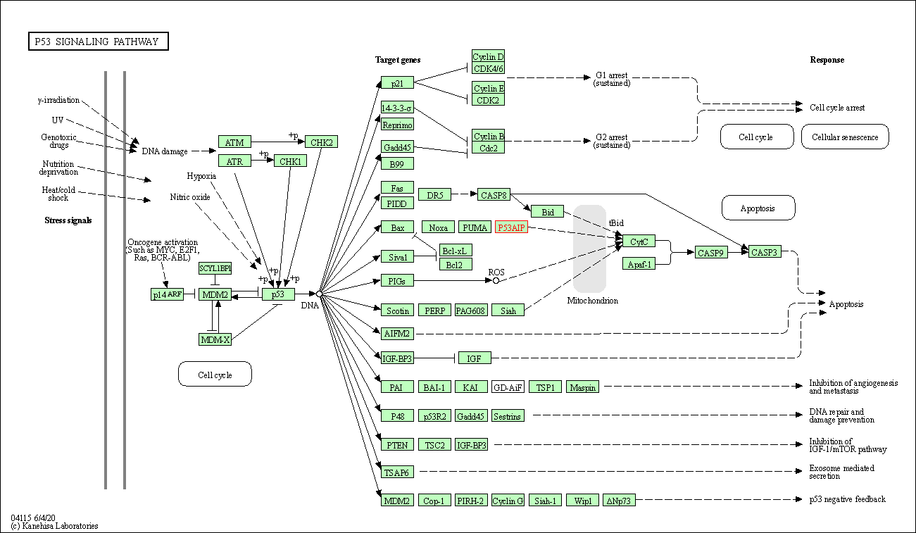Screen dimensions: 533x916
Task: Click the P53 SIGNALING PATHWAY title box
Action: pyautogui.click(x=98, y=42)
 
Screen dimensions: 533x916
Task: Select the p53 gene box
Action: pyautogui.click(x=278, y=294)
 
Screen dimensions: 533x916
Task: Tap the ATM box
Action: pyautogui.click(x=234, y=142)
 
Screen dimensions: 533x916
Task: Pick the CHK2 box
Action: pyautogui.click(x=321, y=142)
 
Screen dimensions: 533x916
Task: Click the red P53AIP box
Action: pyautogui.click(x=511, y=227)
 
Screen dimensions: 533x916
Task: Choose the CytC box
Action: pyautogui.click(x=639, y=242)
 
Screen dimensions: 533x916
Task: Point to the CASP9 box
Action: pyautogui.click(x=710, y=252)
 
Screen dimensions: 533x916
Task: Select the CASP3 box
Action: pyautogui.click(x=765, y=252)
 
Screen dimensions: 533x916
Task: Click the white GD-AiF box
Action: pyautogui.click(x=508, y=387)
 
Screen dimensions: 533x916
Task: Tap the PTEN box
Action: pyautogui.click(x=397, y=445)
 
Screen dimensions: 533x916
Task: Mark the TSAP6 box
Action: pyautogui.click(x=397, y=472)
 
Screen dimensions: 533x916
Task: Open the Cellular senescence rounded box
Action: pyautogui.click(x=845, y=137)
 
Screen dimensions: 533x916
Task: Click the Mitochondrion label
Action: pyautogui.click(x=593, y=301)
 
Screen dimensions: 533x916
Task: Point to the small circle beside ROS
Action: pyautogui.click(x=496, y=280)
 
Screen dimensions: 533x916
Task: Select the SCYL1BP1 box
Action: pyautogui.click(x=215, y=268)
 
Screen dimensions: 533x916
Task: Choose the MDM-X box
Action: pyautogui.click(x=215, y=339)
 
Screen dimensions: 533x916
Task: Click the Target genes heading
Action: pyautogui.click(x=398, y=60)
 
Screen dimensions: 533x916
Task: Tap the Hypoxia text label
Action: pyautogui.click(x=201, y=176)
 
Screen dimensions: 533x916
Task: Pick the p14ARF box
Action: pyautogui.click(x=167, y=294)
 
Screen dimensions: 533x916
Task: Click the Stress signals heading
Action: pyautogui.click(x=68, y=220)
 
